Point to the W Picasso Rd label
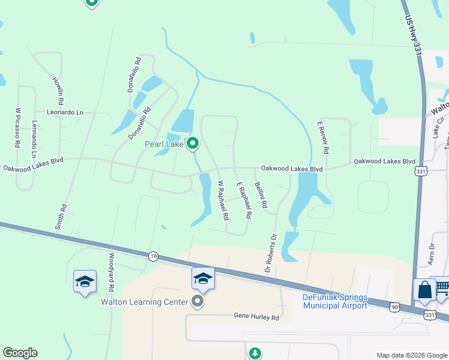18,128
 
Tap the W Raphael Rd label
223,199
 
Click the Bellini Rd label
261,196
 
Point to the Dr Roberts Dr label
270,253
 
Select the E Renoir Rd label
322,137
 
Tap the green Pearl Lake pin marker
193,143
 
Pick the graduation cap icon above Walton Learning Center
203,278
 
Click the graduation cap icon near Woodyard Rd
85,281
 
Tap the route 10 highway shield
153,256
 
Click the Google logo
20,353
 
